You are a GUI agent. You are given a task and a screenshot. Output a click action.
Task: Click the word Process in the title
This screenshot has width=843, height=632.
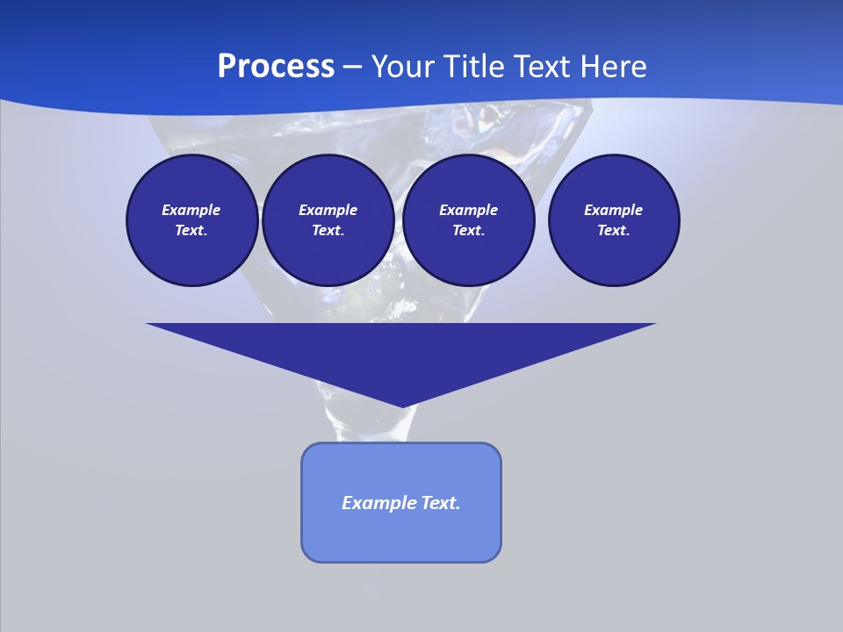(x=276, y=67)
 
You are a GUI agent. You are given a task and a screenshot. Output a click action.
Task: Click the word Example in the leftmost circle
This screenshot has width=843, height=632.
(x=191, y=210)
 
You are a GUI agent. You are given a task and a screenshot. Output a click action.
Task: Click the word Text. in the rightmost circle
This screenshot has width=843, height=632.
(x=614, y=230)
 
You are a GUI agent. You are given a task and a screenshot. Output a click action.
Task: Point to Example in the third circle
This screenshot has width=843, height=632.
(x=468, y=210)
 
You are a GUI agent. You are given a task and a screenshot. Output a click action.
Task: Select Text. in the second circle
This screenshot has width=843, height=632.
(x=328, y=230)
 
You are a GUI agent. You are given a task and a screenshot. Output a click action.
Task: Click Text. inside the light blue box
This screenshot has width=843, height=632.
(x=440, y=503)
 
